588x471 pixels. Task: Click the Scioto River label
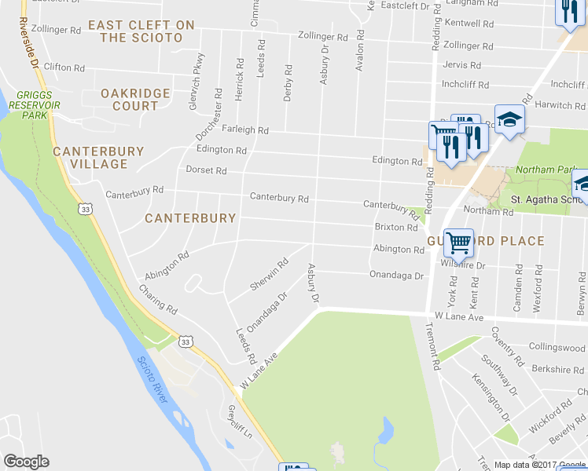tap(153, 381)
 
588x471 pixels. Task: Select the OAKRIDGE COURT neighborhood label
tap(135, 100)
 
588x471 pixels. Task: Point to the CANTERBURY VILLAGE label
tap(98, 158)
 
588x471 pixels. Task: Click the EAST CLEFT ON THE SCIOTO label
tap(141, 31)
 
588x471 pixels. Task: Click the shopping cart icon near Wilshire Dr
tap(458, 243)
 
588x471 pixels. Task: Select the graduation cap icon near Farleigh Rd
tap(509, 120)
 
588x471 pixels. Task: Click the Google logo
tap(26, 462)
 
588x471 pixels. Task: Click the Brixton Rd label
tap(395, 228)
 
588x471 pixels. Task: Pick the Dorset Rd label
tap(206, 170)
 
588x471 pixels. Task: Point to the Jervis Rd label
tap(461, 65)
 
